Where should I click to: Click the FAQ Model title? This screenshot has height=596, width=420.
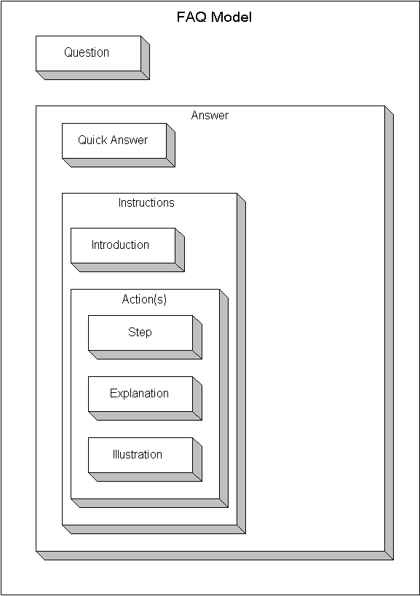pos(214,17)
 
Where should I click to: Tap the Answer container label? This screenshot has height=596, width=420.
pos(210,115)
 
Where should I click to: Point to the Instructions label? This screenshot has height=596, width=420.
pos(146,202)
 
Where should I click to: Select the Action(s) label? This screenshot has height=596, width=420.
pos(144,300)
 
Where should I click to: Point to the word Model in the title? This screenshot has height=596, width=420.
pos(231,17)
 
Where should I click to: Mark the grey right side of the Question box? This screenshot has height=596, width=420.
pos(145,57)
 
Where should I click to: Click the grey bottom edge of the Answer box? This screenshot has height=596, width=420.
pos(215,556)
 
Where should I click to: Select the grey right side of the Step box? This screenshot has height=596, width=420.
pos(197,338)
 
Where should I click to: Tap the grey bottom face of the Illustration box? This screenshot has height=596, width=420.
pos(145,477)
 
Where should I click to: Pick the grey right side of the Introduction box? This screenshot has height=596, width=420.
pos(180,250)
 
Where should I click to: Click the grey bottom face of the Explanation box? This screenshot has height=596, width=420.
pos(145,416)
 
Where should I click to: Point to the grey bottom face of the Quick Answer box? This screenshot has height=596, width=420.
pos(119,163)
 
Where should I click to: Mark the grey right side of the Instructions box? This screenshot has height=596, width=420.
pos(242,364)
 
